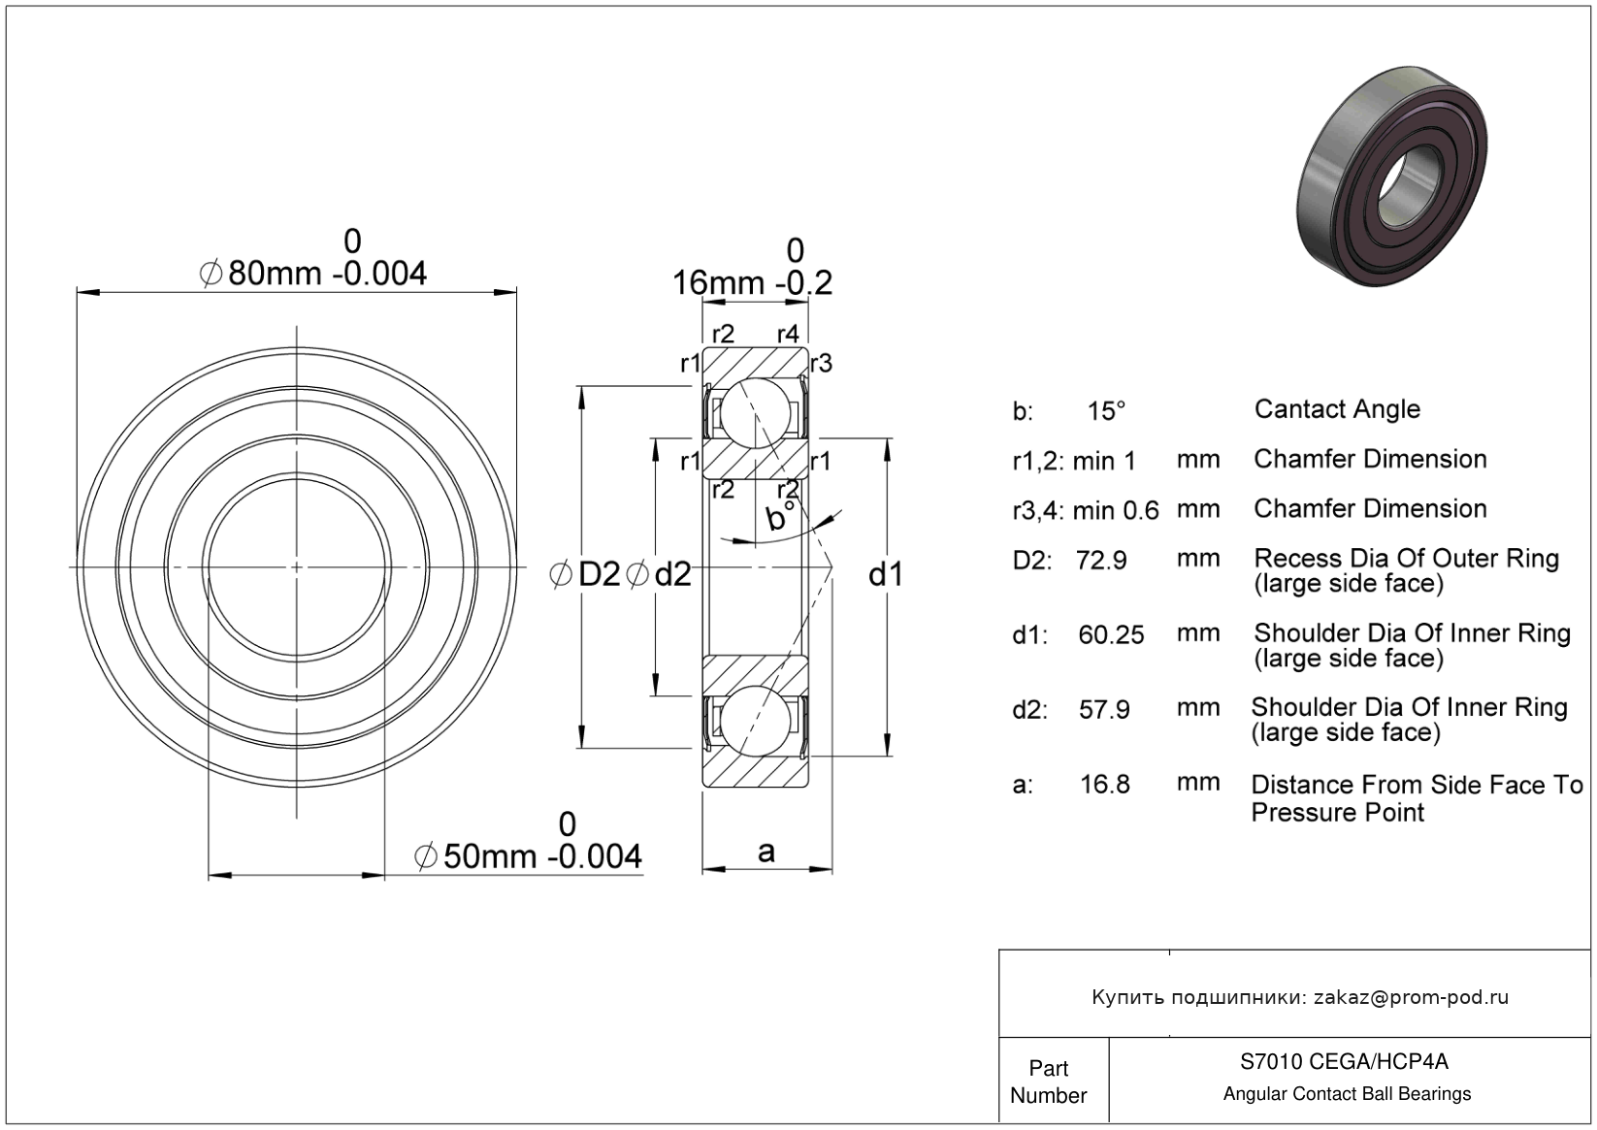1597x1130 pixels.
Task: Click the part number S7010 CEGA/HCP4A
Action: coord(1344,1061)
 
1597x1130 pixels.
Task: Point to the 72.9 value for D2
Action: coord(1101,561)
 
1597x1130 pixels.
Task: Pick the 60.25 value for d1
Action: coord(1111,634)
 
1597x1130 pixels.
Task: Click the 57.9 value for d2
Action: coord(1104,710)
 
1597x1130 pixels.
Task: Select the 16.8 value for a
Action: coord(1105,785)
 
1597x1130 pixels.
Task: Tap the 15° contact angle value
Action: coord(1106,411)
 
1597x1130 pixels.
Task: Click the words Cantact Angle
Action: coord(1337,410)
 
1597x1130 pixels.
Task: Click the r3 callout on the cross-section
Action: coord(822,364)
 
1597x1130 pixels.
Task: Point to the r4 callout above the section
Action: coord(788,334)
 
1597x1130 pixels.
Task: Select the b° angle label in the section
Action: coord(780,517)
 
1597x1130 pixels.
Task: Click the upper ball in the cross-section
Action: coord(755,413)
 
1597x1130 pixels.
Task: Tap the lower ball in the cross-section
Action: coord(755,721)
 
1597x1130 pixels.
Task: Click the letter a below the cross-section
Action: coord(766,853)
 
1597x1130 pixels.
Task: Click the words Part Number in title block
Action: coord(1048,1082)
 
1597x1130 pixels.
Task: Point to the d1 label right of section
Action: coord(886,574)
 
